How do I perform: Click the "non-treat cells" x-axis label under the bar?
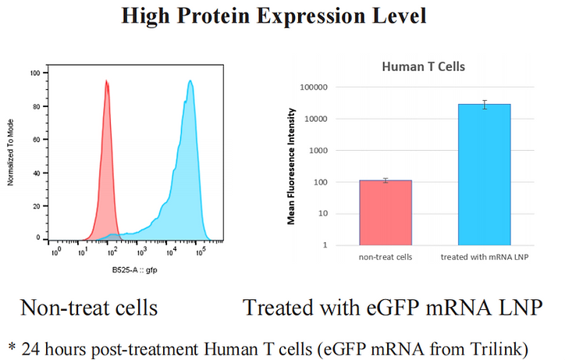385,257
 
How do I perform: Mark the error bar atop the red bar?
385,180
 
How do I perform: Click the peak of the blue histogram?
190,81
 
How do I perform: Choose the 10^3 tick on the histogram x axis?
141,253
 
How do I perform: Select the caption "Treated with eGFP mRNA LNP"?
392,308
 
